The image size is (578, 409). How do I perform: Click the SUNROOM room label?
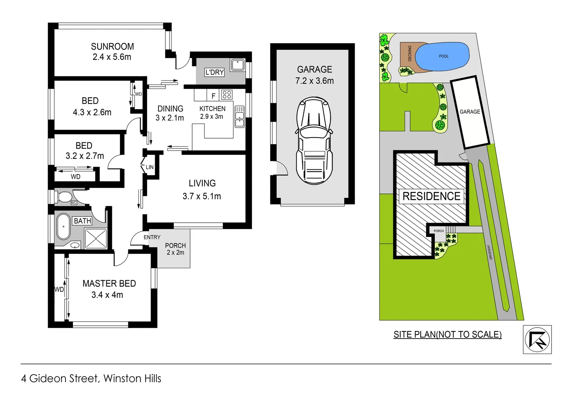pyautogui.click(x=112, y=47)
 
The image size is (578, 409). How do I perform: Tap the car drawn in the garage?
pyautogui.click(x=314, y=140)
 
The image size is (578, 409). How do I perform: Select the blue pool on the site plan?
pyautogui.click(x=442, y=56)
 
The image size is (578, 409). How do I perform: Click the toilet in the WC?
pyautogui.click(x=64, y=197)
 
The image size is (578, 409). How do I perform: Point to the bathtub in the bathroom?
pyautogui.click(x=63, y=226)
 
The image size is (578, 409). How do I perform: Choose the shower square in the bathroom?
pyautogui.click(x=96, y=239)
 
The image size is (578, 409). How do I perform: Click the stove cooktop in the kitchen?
pyautogui.click(x=227, y=94)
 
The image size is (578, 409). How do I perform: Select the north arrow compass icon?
pyautogui.click(x=537, y=340)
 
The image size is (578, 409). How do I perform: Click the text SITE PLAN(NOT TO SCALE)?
pyautogui.click(x=447, y=334)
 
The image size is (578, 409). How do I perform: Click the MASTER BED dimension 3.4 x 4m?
pyautogui.click(x=107, y=295)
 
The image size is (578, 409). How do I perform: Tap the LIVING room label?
pyautogui.click(x=202, y=183)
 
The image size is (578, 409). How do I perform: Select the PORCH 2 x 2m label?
pyautogui.click(x=175, y=249)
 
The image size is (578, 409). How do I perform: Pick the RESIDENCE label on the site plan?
pyautogui.click(x=431, y=196)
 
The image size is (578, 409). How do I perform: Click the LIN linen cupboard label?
pyautogui.click(x=150, y=167)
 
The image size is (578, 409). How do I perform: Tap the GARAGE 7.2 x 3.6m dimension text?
pyautogui.click(x=314, y=81)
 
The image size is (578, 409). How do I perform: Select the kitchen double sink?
pyautogui.click(x=239, y=117)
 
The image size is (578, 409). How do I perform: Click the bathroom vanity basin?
pyautogui.click(x=75, y=245)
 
